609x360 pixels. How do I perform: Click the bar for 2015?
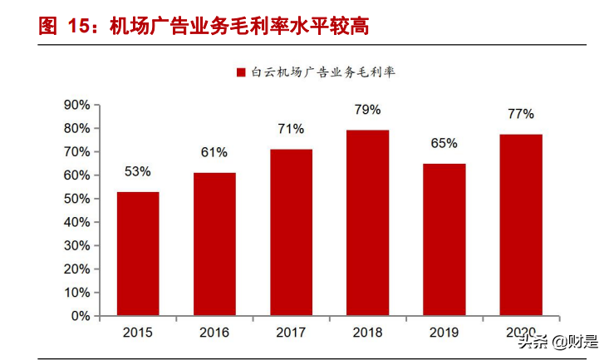[138, 254]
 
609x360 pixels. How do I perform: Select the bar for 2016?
[214, 244]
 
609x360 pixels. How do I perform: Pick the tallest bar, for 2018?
[367, 223]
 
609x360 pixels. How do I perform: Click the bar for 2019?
[444, 239]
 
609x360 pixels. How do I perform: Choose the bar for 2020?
[521, 225]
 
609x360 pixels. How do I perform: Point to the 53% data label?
[138, 172]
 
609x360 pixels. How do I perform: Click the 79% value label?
[367, 110]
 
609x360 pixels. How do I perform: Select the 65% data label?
[444, 143]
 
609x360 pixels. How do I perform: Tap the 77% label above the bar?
[521, 114]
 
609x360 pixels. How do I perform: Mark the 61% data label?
[214, 152]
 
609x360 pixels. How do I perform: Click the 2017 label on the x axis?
[291, 333]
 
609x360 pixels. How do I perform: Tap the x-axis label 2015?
[138, 333]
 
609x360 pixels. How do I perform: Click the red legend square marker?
[241, 72]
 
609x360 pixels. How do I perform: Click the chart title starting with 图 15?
[204, 25]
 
